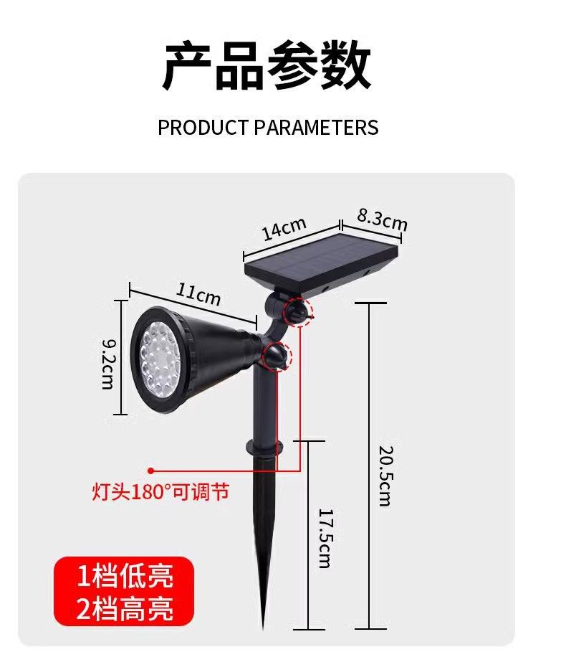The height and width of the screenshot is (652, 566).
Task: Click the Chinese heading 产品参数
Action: coord(267,67)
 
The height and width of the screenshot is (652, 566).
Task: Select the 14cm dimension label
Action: coord(284,230)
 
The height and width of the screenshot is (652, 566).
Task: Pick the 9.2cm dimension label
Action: coord(107,364)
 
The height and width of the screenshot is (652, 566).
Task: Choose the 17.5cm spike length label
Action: coord(324,538)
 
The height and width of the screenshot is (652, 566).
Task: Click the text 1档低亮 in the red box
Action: coord(125,577)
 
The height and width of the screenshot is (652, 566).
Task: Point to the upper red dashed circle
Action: coord(296,312)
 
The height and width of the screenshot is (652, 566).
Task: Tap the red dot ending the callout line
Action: coord(151,471)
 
